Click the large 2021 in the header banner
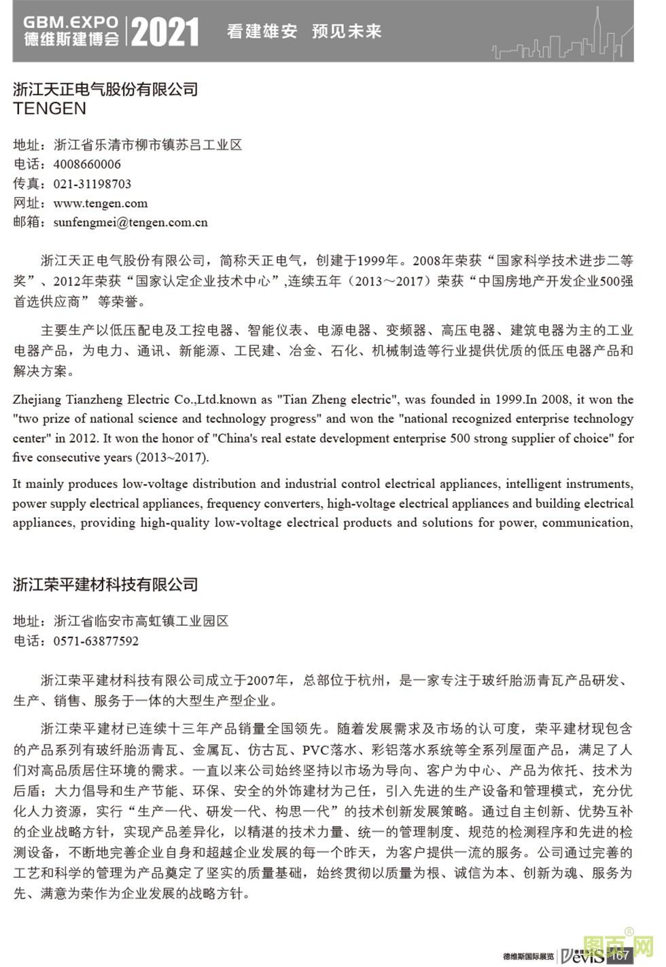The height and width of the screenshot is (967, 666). click(x=165, y=32)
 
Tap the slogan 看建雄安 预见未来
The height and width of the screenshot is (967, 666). click(x=304, y=31)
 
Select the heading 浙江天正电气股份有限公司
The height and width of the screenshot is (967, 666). click(x=105, y=89)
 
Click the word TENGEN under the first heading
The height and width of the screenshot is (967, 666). click(x=50, y=109)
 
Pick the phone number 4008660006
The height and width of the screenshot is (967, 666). click(x=87, y=164)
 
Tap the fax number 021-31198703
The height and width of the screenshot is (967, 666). click(x=92, y=184)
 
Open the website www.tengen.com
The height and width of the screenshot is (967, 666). click(x=100, y=203)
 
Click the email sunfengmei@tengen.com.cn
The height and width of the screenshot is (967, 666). click(x=130, y=222)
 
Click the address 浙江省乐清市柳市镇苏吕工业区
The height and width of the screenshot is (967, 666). click(x=147, y=145)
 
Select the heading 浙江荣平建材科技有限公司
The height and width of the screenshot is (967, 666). click(x=105, y=584)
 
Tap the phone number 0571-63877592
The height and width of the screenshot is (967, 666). click(x=96, y=641)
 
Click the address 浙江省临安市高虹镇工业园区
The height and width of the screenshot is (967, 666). click(x=141, y=621)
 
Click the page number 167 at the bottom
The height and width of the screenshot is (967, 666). click(x=620, y=955)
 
